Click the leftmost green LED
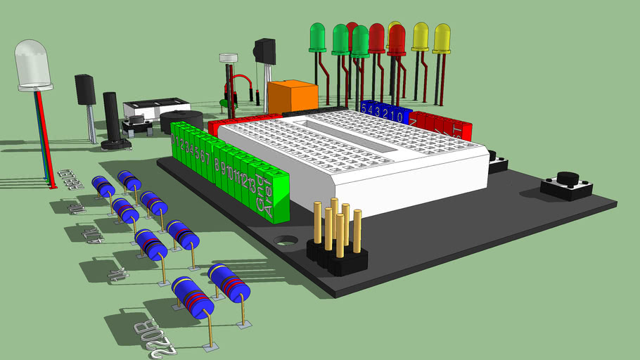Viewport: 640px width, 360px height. (317, 37)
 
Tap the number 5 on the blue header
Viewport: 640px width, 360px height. (364, 108)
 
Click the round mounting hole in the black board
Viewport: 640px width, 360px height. (286, 239)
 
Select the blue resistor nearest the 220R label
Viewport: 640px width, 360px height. (192, 297)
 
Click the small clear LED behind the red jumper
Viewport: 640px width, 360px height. (229, 60)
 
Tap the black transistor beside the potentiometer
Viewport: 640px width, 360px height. (85, 89)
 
